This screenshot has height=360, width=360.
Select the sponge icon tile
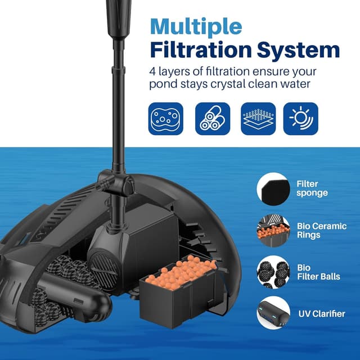[x=165, y=119]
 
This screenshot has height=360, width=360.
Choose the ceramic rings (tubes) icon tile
[x=212, y=119]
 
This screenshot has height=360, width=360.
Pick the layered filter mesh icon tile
[x=258, y=119]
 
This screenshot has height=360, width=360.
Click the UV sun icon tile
[x=300, y=119]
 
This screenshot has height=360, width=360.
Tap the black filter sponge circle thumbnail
[x=273, y=188]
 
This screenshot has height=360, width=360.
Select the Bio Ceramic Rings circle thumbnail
[x=273, y=230]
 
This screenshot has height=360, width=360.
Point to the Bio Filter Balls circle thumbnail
[x=273, y=272]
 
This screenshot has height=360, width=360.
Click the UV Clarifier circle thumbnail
[x=273, y=313]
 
